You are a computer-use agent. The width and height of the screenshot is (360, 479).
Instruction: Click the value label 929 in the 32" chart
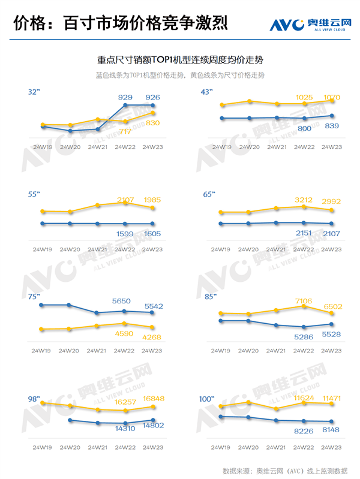[125, 97]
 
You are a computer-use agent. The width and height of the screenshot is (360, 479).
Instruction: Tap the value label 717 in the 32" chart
[125, 131]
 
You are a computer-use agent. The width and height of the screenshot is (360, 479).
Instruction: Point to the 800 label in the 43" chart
[304, 128]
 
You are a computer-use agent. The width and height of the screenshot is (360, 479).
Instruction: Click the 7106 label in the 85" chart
[304, 301]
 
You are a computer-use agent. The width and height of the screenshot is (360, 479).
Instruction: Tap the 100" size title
[207, 399]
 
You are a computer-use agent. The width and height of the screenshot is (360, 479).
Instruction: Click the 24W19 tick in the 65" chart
[221, 249]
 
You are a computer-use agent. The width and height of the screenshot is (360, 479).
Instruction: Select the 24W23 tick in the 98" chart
[152, 447]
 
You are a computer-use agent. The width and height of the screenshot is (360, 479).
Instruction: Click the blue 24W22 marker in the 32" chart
[125, 106]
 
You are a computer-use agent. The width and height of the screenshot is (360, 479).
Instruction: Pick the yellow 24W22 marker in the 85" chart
[304, 306]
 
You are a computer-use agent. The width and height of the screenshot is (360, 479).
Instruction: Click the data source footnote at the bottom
[284, 470]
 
